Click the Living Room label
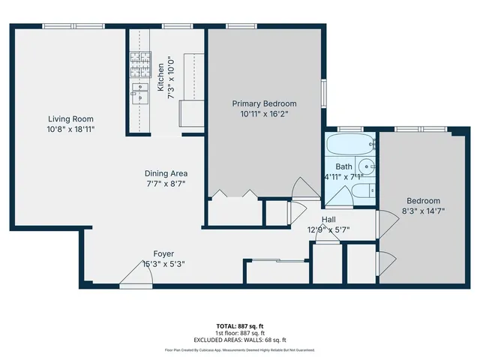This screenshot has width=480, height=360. click(71, 118)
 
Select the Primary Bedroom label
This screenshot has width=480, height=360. click(264, 103)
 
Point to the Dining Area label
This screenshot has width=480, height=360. click(166, 173)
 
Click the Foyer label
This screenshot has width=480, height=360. click(164, 253)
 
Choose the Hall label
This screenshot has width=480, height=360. click(329, 219)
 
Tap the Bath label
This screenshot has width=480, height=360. click(343, 166)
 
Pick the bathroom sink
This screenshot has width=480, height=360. click(365, 166)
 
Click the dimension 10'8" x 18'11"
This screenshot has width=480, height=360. click(71, 129)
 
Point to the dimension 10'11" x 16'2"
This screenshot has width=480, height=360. click(264, 114)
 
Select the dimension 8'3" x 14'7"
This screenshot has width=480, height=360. click(423, 211)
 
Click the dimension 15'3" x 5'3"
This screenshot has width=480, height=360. click(164, 264)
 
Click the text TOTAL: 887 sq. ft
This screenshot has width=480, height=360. click(240, 325)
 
